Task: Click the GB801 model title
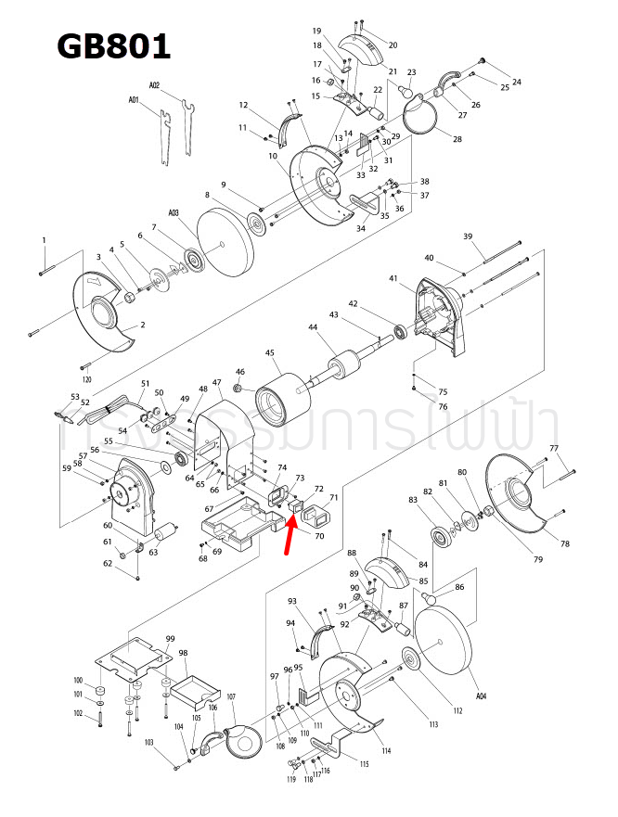click(112, 46)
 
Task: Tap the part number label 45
click(270, 353)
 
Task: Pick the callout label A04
click(481, 695)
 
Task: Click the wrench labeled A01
click(166, 135)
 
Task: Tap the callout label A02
click(154, 84)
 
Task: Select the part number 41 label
click(393, 278)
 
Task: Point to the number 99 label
click(170, 639)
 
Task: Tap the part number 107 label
click(231, 696)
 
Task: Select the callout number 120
click(87, 380)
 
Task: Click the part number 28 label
click(457, 139)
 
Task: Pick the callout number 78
click(564, 543)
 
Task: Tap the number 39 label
click(469, 236)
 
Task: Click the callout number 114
click(385, 750)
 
